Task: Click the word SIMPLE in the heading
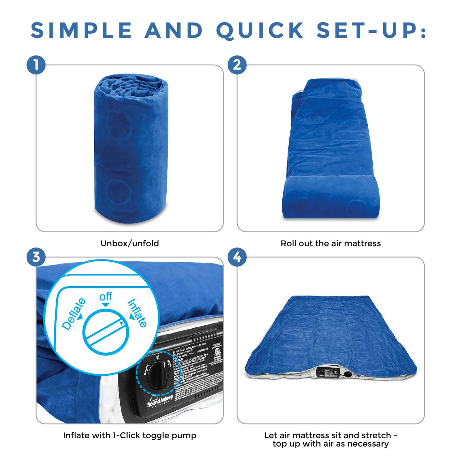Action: (x=81, y=31)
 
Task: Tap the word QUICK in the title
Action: (x=260, y=31)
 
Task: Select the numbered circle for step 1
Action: (x=36, y=65)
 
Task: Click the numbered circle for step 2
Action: (x=237, y=65)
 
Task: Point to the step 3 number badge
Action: (x=36, y=257)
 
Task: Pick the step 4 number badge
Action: (x=237, y=257)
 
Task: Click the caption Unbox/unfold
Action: (x=130, y=244)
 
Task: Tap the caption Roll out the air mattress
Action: (x=330, y=244)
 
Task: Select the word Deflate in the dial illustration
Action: (x=74, y=314)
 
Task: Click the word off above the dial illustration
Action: (x=105, y=297)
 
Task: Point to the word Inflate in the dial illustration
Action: (x=138, y=313)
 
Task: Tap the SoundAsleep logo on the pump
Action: (x=160, y=400)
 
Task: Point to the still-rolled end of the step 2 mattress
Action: (x=331, y=197)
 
